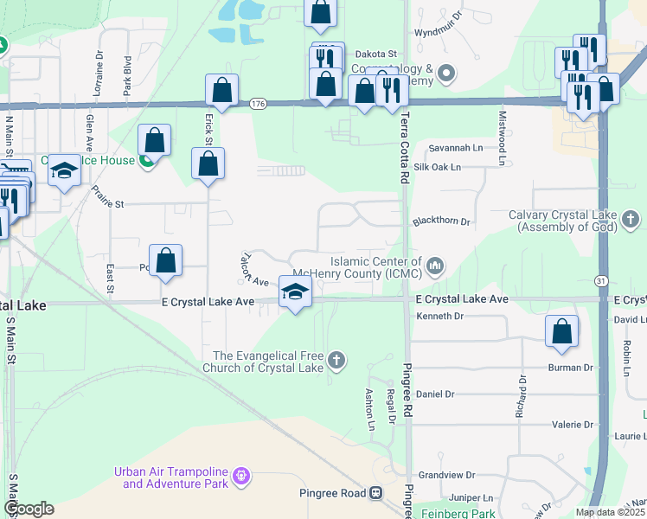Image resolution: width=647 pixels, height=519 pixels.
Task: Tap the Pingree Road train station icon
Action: tap(375, 493)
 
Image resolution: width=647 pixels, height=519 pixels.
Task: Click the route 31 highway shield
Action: tap(599, 280)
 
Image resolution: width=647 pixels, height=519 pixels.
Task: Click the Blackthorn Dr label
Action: tap(440, 222)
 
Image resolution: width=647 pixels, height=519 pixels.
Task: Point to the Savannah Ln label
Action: tap(452, 148)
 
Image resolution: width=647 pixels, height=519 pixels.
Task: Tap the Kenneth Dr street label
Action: tap(440, 317)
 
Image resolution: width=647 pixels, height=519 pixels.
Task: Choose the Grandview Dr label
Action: tap(447, 475)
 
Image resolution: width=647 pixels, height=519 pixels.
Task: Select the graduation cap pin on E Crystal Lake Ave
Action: tap(295, 292)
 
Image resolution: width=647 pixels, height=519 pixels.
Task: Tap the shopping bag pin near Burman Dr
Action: tap(562, 330)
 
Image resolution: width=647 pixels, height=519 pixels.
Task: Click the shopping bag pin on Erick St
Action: tap(208, 163)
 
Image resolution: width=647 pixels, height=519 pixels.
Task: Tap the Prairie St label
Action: tap(108, 204)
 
